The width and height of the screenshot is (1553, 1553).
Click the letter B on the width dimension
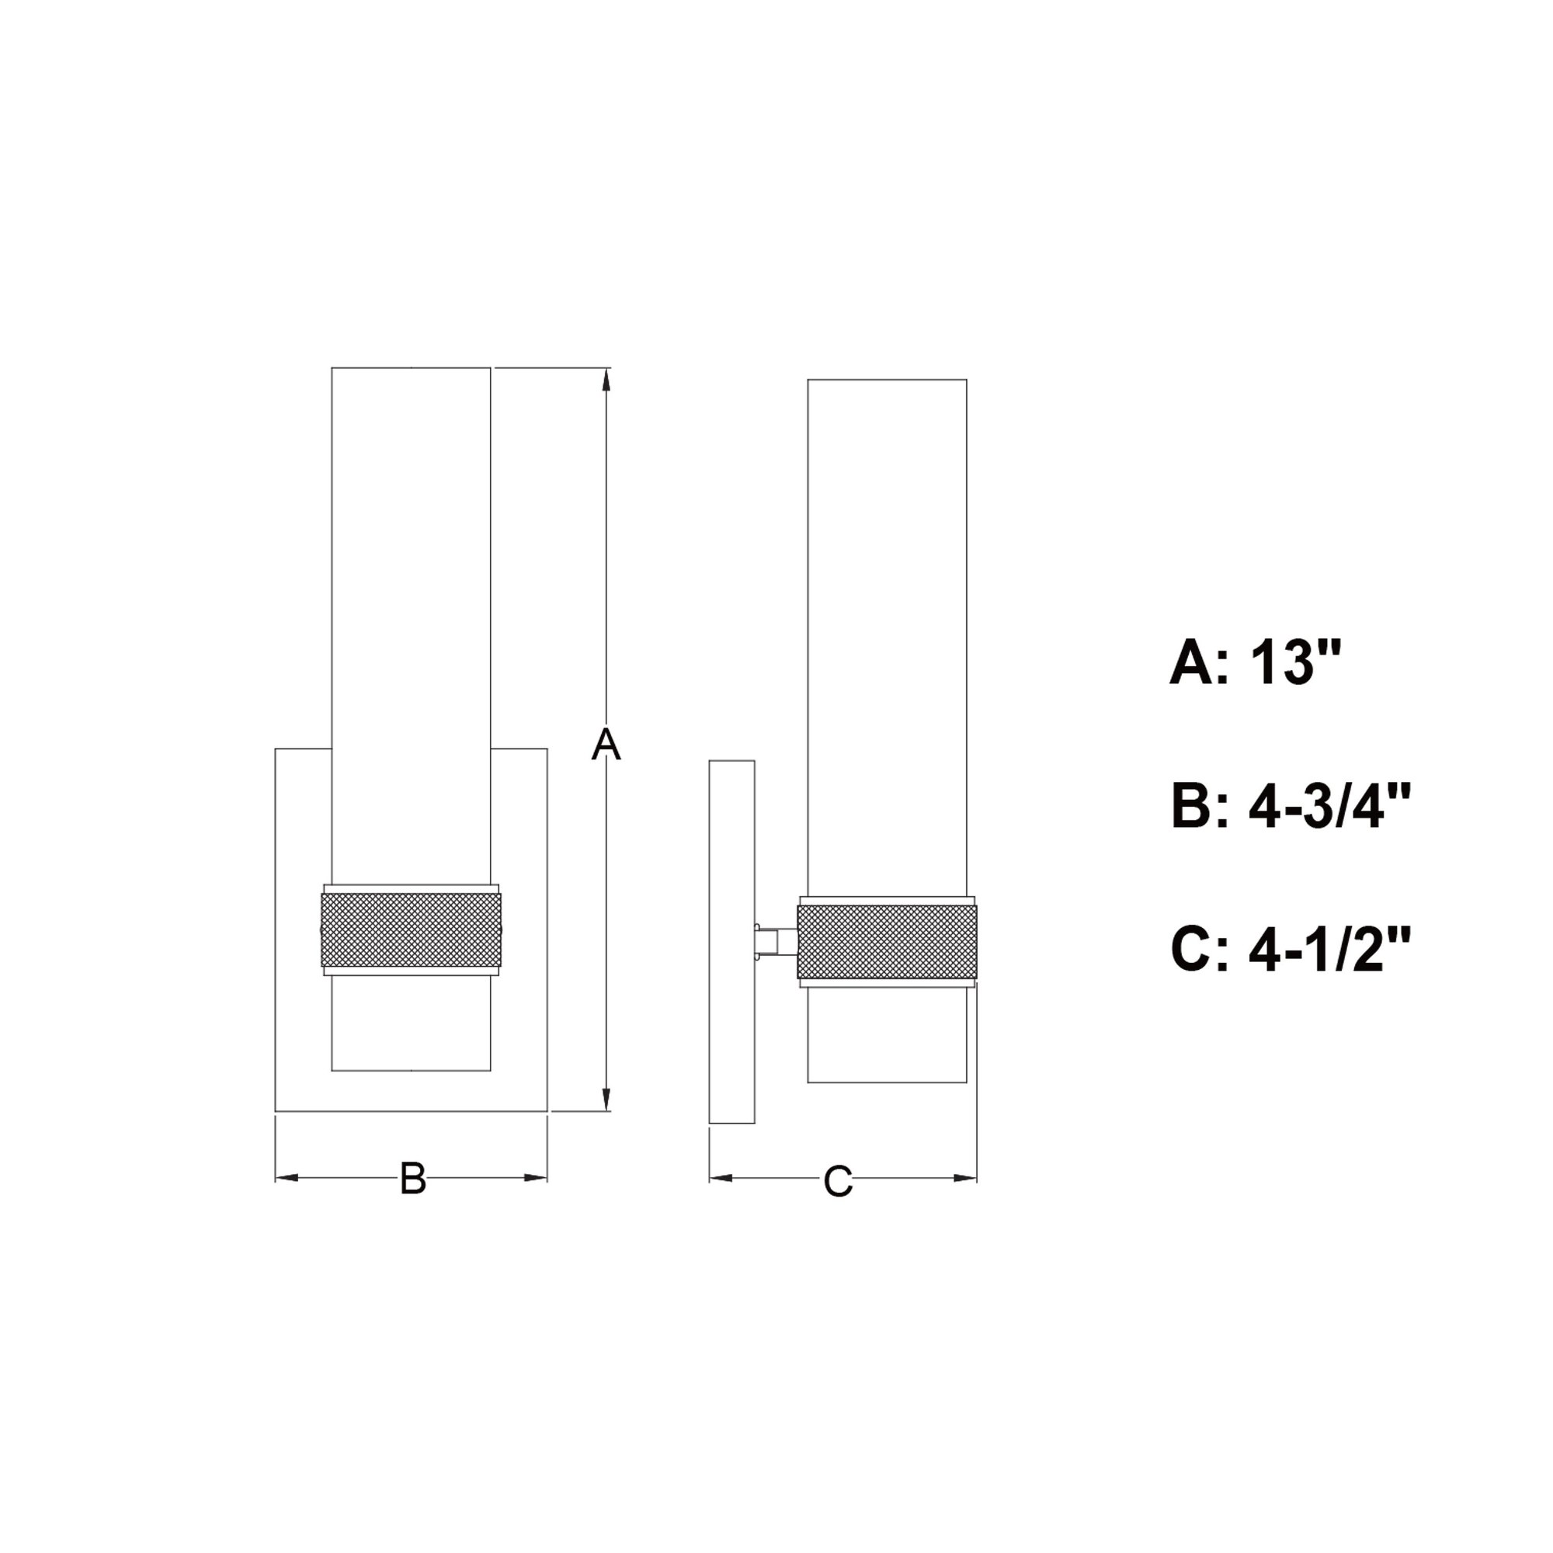413,1179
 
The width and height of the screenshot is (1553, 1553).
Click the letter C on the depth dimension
838,1182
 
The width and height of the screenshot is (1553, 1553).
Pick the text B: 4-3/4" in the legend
1291,806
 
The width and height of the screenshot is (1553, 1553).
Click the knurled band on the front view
411,930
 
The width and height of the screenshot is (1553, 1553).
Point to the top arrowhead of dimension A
607,381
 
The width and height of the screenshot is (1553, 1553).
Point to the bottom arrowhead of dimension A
607,1099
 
